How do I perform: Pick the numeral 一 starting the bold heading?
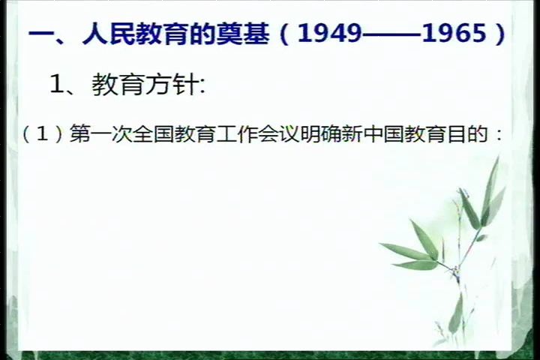point(39,35)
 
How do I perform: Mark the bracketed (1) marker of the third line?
point(42,134)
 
